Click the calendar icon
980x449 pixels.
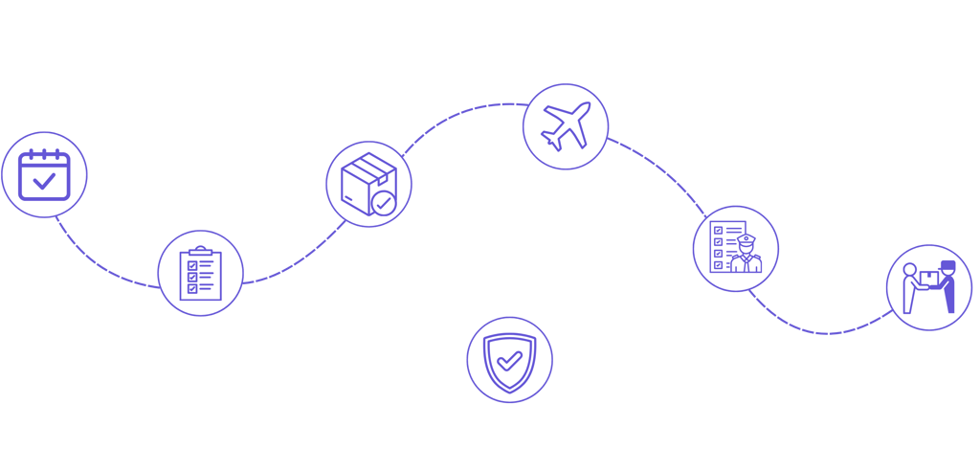44,174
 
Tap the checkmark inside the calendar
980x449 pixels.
44,180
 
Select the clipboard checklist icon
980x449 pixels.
200,272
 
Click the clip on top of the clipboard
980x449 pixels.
200,251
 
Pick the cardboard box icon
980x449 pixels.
368,185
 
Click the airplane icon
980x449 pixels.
566,126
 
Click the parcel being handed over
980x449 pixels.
927,277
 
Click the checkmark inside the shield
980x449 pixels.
509,360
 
